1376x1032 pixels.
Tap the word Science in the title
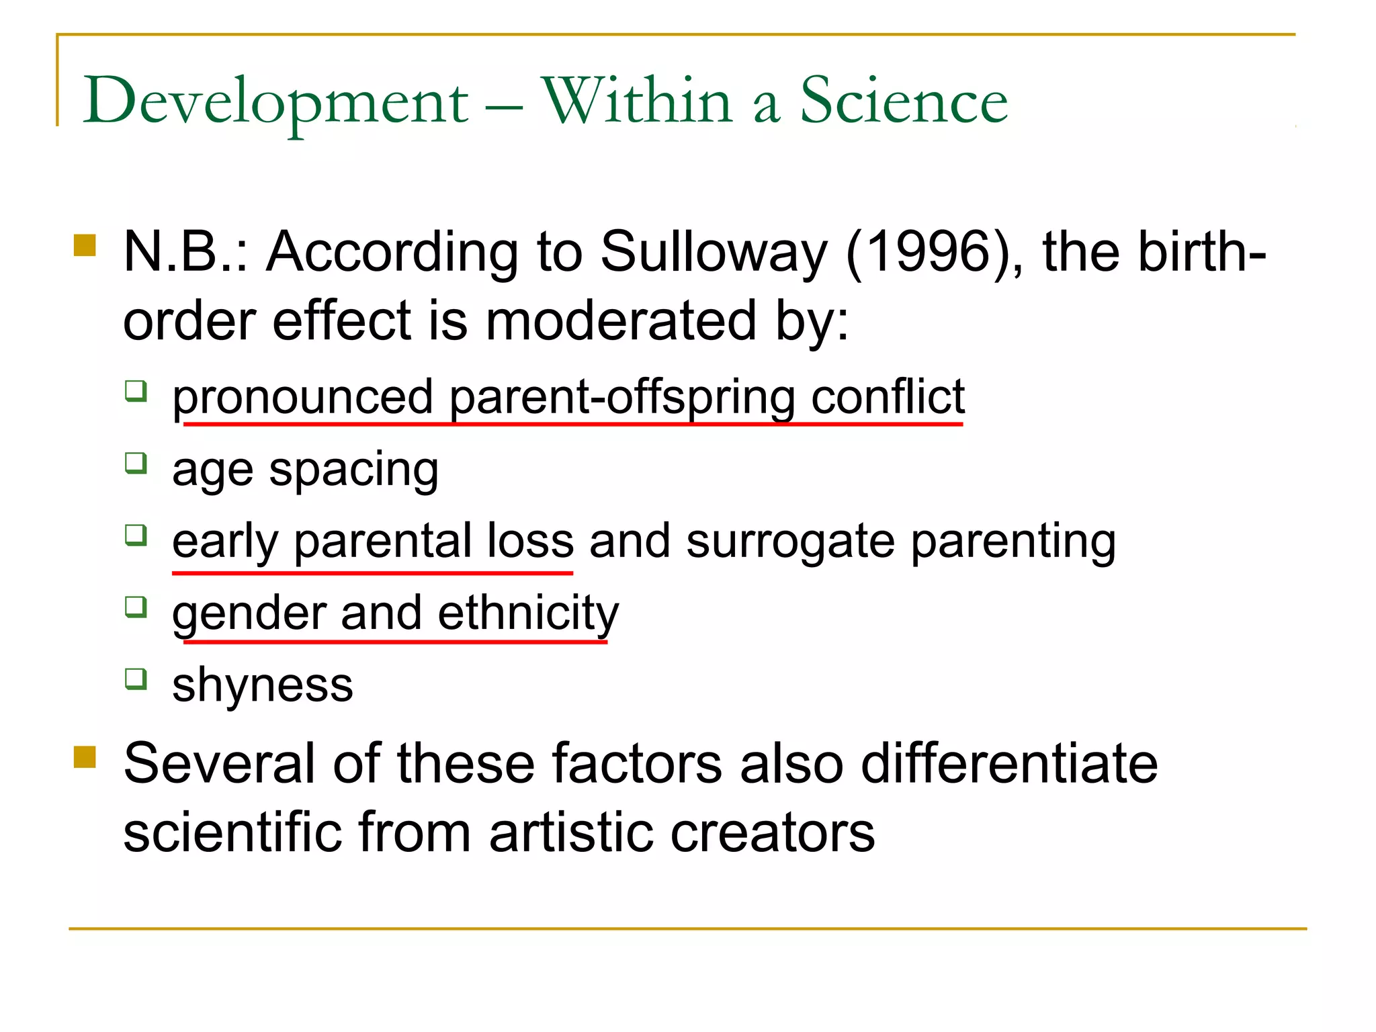(x=904, y=101)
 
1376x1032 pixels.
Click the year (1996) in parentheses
(x=935, y=253)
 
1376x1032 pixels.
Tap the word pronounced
(x=302, y=398)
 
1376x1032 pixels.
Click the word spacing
(x=353, y=470)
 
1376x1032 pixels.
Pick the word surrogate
(x=790, y=542)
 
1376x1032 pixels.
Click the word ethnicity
(x=528, y=613)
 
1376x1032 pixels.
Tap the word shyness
(x=263, y=686)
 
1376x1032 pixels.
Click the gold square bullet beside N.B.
(x=85, y=245)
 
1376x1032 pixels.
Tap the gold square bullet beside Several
(x=85, y=757)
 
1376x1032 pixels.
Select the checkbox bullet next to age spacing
(x=136, y=463)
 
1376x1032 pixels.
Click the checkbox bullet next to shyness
(x=136, y=679)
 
